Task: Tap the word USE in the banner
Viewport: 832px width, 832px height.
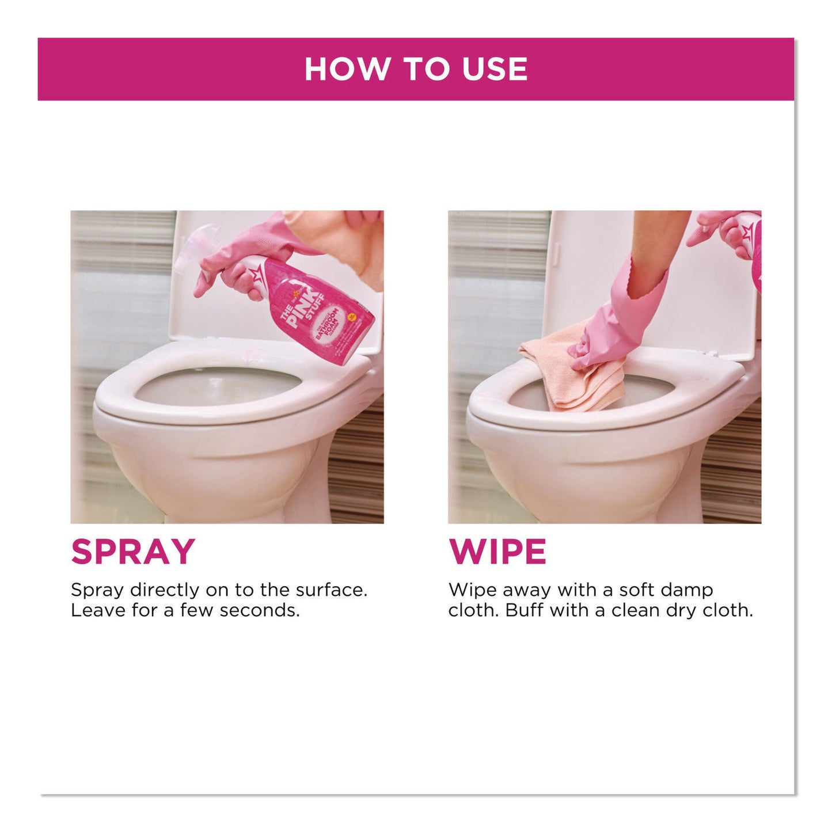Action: click(x=495, y=69)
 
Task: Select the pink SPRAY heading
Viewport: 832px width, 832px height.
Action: click(x=133, y=552)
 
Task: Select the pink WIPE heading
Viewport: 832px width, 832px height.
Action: click(x=497, y=552)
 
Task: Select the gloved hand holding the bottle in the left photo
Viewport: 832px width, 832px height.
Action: click(x=230, y=265)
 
